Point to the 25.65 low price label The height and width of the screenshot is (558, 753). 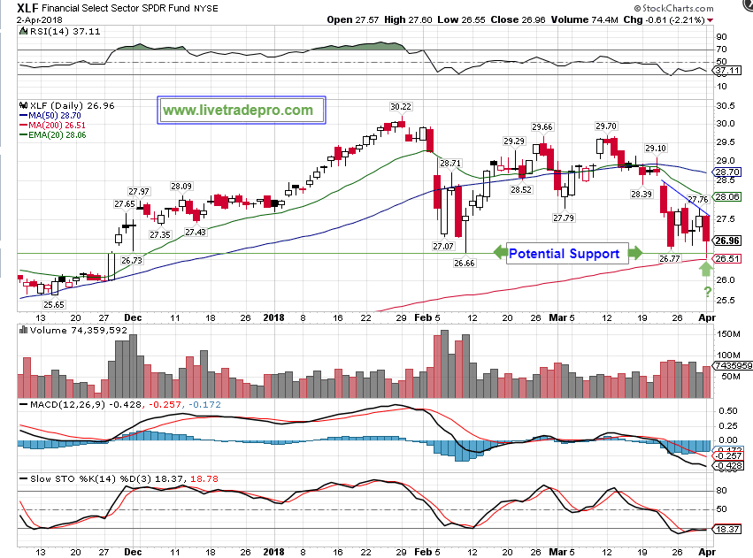tap(55, 304)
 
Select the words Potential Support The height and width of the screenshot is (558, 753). tap(564, 254)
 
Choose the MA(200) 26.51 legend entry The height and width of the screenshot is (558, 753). tap(55, 126)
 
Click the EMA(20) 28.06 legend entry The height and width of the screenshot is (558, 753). tap(57, 135)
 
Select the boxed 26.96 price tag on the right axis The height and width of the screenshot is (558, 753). tap(727, 240)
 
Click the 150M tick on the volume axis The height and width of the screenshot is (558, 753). tap(727, 335)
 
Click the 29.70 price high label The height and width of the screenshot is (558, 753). tap(607, 126)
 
